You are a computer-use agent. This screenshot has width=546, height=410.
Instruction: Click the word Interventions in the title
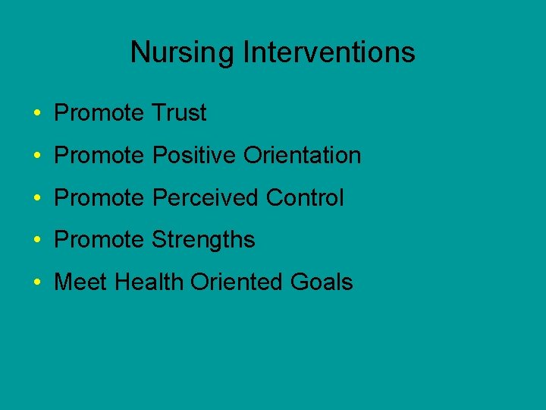[x=329, y=53]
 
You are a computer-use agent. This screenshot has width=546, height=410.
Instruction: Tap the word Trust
[x=179, y=113]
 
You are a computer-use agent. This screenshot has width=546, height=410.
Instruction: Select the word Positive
[x=195, y=156]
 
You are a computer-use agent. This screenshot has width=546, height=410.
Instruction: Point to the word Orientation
[x=302, y=156]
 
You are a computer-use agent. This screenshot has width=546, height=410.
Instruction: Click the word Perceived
[x=206, y=198]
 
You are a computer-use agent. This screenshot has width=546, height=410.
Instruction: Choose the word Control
[x=305, y=198]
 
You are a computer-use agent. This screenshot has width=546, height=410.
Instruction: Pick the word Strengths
[x=203, y=240]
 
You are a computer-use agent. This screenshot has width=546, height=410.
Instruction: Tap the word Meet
[x=81, y=282]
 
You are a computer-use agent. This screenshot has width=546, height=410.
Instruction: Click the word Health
[x=149, y=282]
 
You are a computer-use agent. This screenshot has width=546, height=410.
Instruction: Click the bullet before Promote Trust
[x=37, y=114]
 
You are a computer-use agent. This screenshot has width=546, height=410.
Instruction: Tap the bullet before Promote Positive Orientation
[x=37, y=156]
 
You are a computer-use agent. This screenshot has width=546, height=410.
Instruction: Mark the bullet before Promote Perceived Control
[x=37, y=199]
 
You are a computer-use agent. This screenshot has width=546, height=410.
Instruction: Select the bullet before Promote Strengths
[x=37, y=241]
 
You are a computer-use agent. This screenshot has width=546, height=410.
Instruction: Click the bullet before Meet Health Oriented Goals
[x=37, y=283]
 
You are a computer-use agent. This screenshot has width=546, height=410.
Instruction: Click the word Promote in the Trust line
[x=99, y=113]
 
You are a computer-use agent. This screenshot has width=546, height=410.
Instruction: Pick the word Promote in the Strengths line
[x=99, y=240]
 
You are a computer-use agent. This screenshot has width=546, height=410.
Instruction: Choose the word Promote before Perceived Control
[x=99, y=198]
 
